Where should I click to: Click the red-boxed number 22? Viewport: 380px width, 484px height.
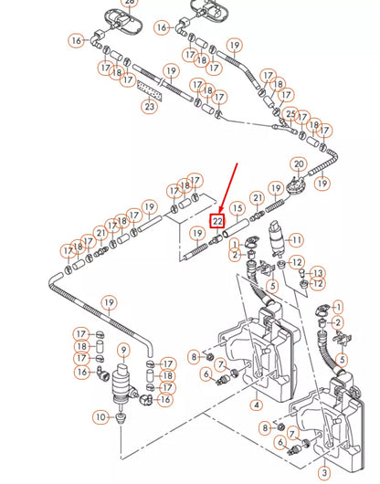coord(217,221)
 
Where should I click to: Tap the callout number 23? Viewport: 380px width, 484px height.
coord(149,106)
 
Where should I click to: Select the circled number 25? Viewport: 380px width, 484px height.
coord(291,114)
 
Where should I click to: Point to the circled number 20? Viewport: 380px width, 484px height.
coord(298,164)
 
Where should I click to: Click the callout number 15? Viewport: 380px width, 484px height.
coord(237,208)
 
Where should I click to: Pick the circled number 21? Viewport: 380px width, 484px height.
coord(258,198)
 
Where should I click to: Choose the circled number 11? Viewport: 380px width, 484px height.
coord(297,240)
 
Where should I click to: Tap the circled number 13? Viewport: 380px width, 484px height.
coord(318,273)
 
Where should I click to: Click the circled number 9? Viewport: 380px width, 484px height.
coord(123,350)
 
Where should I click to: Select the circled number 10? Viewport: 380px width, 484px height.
coord(99,416)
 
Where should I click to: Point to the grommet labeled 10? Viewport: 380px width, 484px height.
coord(121,418)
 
